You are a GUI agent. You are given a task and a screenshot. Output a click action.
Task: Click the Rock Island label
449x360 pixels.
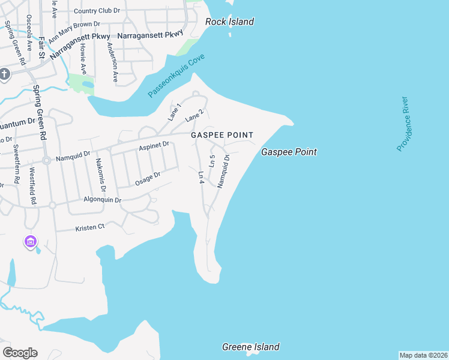229,22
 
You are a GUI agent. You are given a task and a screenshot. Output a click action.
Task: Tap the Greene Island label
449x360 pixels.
250,347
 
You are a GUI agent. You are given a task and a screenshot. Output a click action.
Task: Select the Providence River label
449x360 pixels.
402,124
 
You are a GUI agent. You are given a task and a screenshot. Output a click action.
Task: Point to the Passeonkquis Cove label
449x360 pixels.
176,76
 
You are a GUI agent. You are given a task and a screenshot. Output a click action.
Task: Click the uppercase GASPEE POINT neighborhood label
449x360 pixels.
222,135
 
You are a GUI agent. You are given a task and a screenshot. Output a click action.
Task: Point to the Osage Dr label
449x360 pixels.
148,178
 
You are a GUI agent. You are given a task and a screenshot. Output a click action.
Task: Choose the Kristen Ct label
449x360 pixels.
89,227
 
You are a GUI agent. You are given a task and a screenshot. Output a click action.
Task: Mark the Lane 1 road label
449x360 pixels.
174,112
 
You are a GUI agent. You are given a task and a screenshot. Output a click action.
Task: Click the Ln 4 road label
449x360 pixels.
202,177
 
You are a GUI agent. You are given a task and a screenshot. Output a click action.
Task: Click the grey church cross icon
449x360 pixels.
5,74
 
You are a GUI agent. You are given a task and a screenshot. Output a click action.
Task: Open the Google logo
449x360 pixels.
20,352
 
